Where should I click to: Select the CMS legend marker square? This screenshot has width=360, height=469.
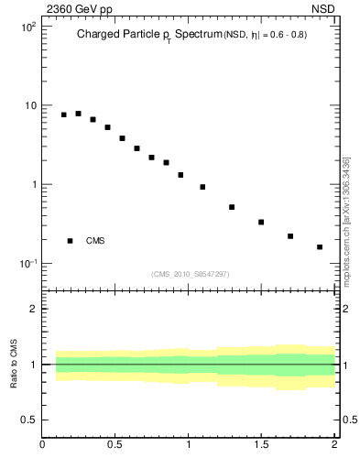click(x=71, y=241)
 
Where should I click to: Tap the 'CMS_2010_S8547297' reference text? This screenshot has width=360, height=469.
click(x=191, y=274)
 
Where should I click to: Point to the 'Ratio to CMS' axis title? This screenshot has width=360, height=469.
click(x=15, y=364)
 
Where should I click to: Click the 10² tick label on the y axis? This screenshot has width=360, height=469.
click(x=27, y=27)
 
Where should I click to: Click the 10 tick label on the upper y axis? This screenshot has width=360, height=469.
click(x=29, y=105)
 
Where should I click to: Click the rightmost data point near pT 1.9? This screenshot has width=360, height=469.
click(x=320, y=246)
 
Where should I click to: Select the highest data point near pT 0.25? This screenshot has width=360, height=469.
click(x=78, y=114)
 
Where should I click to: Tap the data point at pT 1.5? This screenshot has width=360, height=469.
click(x=261, y=222)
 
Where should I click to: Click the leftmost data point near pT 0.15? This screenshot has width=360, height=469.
click(x=63, y=115)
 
